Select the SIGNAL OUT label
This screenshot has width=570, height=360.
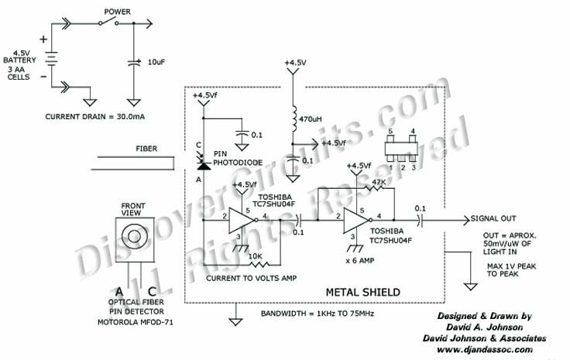point(493,219)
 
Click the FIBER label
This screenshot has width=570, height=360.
point(146,148)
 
